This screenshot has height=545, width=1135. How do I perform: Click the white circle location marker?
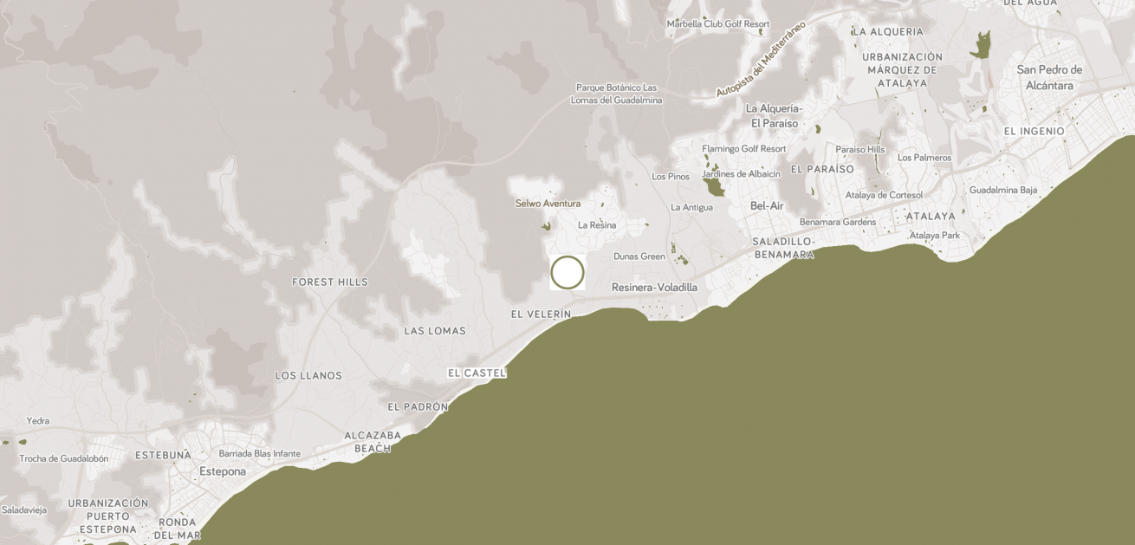point(567,272)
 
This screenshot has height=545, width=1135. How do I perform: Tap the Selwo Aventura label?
point(548,204)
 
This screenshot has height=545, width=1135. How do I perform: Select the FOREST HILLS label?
point(329,282)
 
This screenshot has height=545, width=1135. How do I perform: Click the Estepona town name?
point(223,472)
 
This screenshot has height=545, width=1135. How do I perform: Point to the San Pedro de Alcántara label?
point(1049,78)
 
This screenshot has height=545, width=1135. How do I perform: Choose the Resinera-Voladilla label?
point(654,288)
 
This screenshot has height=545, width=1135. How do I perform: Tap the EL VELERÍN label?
point(541,315)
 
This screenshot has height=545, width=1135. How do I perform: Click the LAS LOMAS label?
point(435,331)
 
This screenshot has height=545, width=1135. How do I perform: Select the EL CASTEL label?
point(477,373)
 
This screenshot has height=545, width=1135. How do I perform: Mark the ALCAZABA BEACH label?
point(373,442)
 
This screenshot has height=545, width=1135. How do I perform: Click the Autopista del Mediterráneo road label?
point(761,59)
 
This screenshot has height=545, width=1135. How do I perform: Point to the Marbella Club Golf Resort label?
point(717,24)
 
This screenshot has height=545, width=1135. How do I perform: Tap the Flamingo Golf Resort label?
point(743,149)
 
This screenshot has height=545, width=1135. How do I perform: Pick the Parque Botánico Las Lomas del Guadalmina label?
point(616,94)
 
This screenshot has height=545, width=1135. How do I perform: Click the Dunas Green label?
point(639,256)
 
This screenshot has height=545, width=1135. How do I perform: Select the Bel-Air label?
point(767,206)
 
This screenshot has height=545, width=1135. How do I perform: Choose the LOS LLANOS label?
point(308,376)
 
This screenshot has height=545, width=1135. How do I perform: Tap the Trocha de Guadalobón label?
point(64,458)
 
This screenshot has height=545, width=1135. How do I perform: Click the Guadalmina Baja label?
point(1003,190)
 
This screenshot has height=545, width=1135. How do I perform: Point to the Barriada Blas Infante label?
point(260,453)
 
